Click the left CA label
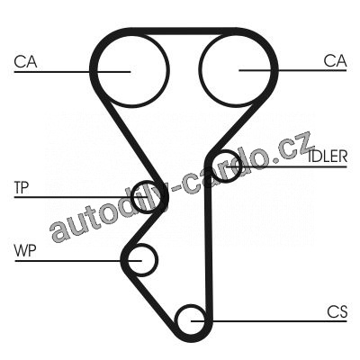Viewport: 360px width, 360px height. click(25, 61)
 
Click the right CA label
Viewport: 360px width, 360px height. click(335, 61)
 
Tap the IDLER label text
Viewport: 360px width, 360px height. click(328, 157)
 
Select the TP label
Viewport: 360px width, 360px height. click(22, 187)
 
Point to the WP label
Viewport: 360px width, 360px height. click(25, 251)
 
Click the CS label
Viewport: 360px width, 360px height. click(337, 311)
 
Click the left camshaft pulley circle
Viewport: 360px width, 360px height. click(97, 71)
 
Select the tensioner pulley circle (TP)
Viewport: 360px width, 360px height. click(132, 198)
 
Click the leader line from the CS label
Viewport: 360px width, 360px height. click(269, 321)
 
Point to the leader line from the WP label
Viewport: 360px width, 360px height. click(78, 261)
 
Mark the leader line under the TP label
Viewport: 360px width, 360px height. click(82, 197)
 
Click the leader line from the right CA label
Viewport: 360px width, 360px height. click(292, 70)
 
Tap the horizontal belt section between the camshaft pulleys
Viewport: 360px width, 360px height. click(183, 31)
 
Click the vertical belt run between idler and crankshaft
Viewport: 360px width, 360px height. click(208, 240)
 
